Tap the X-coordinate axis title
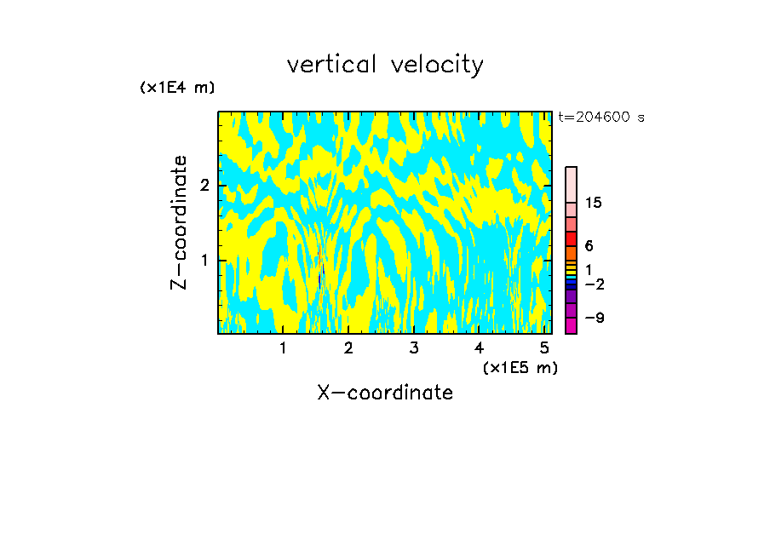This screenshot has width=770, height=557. (385, 393)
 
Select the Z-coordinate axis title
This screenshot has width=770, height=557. (179, 222)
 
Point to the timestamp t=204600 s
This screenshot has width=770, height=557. (601, 118)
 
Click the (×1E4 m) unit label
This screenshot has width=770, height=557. (177, 87)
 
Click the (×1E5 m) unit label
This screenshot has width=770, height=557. (520, 367)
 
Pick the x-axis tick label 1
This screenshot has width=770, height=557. (284, 347)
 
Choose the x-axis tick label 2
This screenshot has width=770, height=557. (348, 347)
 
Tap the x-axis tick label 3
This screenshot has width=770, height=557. (414, 347)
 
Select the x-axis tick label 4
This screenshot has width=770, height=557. (479, 347)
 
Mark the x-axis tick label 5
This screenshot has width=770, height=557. (544, 347)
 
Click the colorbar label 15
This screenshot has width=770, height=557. (594, 203)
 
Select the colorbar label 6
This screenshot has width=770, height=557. (589, 246)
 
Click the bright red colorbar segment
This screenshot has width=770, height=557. (571, 238)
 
